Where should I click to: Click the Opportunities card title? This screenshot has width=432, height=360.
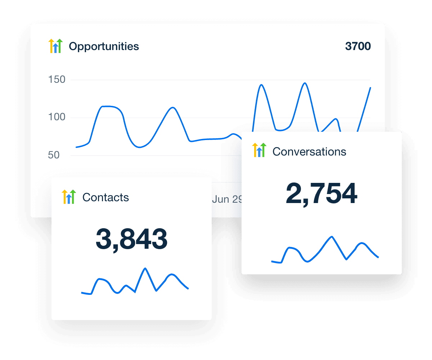(104, 46)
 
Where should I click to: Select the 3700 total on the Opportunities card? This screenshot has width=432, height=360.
(357, 46)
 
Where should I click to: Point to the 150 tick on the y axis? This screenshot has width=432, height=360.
(57, 80)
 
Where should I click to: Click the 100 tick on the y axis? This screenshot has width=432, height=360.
(57, 117)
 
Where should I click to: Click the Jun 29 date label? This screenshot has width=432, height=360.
(227, 199)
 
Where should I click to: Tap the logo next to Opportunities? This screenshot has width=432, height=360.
(55, 46)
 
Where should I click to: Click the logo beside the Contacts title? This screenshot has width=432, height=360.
(69, 197)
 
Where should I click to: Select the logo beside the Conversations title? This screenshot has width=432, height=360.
(259, 150)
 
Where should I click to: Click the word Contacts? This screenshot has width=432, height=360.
(105, 197)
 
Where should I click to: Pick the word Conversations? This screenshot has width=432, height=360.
(309, 152)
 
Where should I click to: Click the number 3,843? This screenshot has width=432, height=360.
(131, 239)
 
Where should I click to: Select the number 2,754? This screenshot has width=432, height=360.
(321, 194)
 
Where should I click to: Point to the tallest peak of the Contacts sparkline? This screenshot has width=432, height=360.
(145, 268)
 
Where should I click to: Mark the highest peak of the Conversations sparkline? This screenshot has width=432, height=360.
(332, 237)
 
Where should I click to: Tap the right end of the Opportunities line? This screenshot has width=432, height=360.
(370, 87)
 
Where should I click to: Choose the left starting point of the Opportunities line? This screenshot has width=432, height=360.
(76, 147)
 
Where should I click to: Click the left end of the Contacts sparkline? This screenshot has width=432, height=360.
(82, 292)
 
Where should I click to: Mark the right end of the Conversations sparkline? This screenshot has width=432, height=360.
(378, 257)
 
